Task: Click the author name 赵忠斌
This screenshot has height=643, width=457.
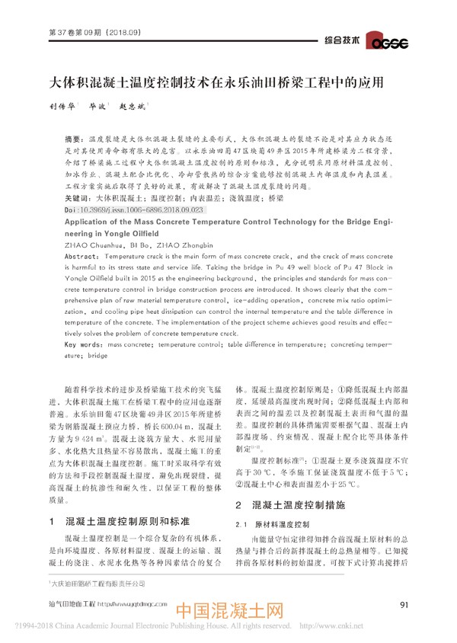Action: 130,109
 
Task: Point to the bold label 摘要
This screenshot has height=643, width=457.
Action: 77,142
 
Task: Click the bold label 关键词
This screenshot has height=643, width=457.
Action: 80,197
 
